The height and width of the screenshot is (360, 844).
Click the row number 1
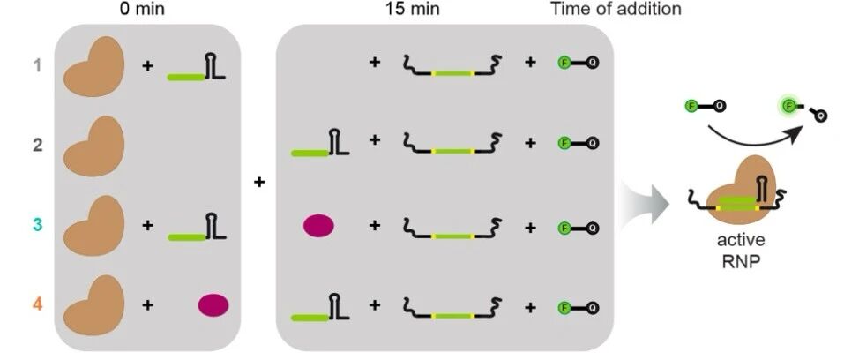(37, 67)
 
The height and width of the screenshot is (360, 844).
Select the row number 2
(37, 146)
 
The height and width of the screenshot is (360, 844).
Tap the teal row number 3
(37, 224)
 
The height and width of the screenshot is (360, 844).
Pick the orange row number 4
(37, 304)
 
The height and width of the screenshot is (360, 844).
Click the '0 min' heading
(142, 9)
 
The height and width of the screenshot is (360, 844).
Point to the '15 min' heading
(413, 9)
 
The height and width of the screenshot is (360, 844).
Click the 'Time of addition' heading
(616, 9)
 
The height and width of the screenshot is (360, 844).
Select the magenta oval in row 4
(213, 305)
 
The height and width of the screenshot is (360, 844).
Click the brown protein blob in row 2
(93, 146)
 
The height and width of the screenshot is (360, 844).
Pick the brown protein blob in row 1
(93, 67)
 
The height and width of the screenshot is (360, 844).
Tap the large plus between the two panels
(259, 182)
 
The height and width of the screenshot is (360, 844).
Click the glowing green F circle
(789, 104)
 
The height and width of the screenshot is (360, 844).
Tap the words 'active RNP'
(741, 250)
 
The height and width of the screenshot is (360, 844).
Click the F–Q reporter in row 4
(578, 308)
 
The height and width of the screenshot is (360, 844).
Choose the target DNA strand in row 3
(452, 227)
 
